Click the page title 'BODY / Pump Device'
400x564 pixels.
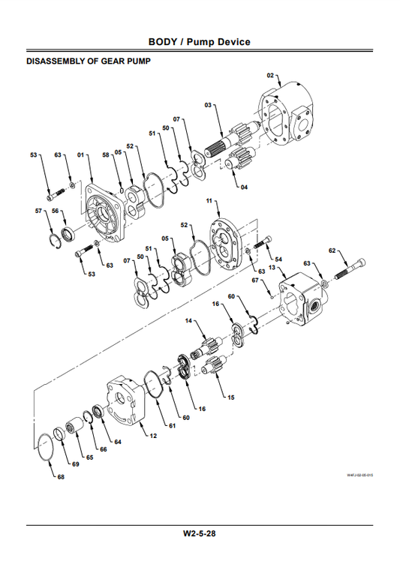(200, 41)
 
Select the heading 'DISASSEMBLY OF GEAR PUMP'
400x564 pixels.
(89, 61)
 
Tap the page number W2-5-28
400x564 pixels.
(200, 533)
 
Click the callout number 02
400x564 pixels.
(271, 76)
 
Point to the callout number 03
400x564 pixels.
(208, 105)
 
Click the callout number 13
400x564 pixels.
(272, 268)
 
